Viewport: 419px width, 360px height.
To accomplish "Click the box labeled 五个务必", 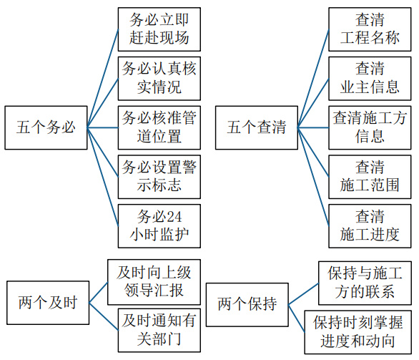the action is pos(46,127).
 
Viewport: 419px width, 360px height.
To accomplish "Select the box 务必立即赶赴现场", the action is pos(159,29).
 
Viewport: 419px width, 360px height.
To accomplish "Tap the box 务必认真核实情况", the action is pos(159,78).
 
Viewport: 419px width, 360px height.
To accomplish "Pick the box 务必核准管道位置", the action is pos(159,127).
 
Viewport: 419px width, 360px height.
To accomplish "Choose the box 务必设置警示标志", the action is pos(159,177).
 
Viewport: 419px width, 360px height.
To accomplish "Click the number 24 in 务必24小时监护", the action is pos(174,216).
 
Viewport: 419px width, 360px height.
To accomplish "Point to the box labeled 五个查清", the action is pos(257,127).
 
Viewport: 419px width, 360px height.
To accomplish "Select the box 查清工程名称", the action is pos(370,29).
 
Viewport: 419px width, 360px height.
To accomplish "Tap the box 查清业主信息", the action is pos(370,78).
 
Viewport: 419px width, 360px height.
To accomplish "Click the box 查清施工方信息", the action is pos(370,127).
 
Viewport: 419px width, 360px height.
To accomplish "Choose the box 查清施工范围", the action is pos(370,177).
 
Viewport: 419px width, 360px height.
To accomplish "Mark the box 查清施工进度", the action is pos(370,226).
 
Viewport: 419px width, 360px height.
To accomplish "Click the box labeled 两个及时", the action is pos(48,303).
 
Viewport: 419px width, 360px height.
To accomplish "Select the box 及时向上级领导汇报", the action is pos(154,282).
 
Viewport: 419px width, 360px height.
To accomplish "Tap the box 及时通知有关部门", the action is pos(159,331).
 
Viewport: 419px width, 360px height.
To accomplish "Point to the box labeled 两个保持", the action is pos(247,305).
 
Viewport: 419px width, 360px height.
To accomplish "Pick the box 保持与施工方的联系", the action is pos(365,283).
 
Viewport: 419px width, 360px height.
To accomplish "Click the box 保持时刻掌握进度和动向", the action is pos(358,332).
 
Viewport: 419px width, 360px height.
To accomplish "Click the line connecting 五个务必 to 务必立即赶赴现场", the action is pos(103,78).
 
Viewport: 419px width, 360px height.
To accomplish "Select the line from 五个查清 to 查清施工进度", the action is pos(313,177).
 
